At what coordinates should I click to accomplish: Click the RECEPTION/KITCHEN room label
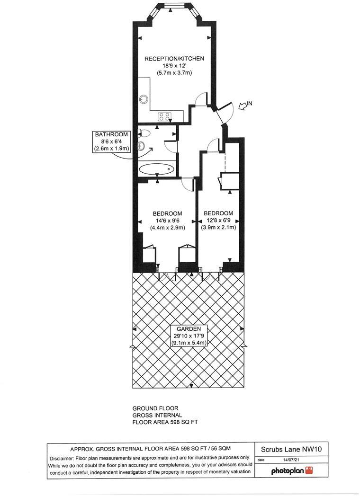coord(174,59)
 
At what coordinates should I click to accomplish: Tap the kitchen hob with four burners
coord(164,115)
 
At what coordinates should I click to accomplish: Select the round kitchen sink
coord(143,100)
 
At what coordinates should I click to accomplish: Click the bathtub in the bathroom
coord(157,168)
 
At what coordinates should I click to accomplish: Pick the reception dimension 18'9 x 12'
coord(174,66)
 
